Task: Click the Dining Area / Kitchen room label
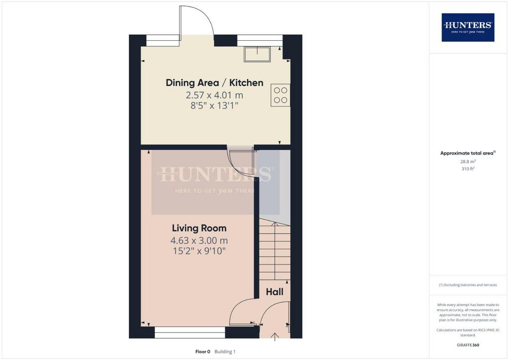tap(214, 83)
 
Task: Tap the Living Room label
tap(199, 228)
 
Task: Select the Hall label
tap(274, 292)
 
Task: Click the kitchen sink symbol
tap(257, 54)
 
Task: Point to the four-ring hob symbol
tap(280, 95)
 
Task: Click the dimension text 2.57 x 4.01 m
tap(214, 95)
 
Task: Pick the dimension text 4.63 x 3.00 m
tap(199, 241)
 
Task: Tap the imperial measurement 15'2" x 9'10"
tap(199, 251)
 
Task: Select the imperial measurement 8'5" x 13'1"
tap(214, 105)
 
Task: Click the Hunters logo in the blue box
tap(468, 27)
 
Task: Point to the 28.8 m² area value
tap(468, 162)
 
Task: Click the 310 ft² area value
tap(468, 169)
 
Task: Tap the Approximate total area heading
tap(468, 153)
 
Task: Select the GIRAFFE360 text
tap(468, 345)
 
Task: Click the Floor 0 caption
tap(203, 352)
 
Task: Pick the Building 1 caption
tap(225, 352)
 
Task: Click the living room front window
tap(190, 333)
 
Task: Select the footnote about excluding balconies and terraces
tap(468, 285)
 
